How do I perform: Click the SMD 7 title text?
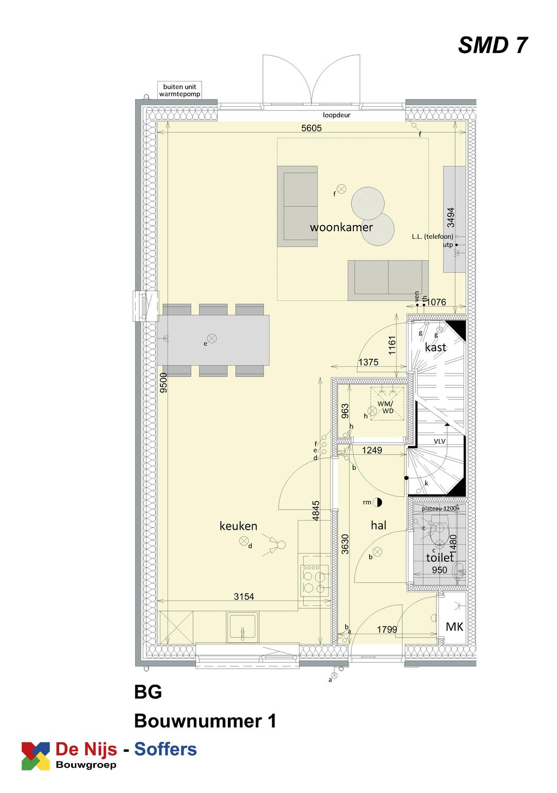[x=493, y=45]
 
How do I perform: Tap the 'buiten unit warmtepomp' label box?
[x=179, y=90]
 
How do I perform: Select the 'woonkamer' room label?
[x=341, y=228]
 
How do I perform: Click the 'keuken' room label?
[x=238, y=526]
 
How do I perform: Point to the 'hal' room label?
[x=379, y=525]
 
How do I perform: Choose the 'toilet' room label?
[x=439, y=557]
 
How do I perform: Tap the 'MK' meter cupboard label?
[x=454, y=627]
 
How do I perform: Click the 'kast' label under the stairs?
[x=436, y=347]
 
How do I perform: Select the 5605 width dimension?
[x=312, y=128]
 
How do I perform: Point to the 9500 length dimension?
[x=163, y=383]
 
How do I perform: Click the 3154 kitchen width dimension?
[x=244, y=596]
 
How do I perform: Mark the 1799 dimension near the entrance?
[x=387, y=629]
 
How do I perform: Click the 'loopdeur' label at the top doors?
[x=336, y=115]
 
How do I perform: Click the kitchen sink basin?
[x=242, y=627]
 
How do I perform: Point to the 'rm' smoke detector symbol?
[x=378, y=502]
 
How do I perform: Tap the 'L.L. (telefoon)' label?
[x=432, y=236]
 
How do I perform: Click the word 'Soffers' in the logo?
[x=166, y=749]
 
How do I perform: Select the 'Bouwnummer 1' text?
[x=205, y=721]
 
